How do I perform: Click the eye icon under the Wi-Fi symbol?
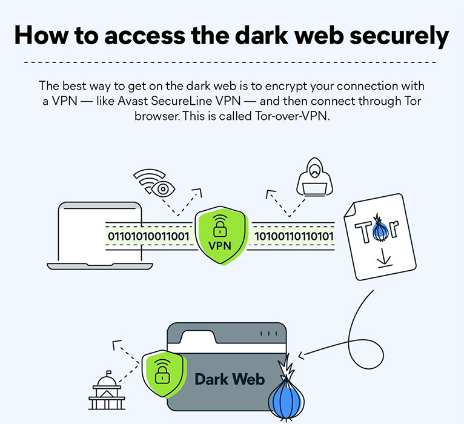click(x=162, y=189)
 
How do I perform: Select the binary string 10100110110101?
click(x=294, y=235)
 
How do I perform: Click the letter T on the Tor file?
click(x=362, y=231)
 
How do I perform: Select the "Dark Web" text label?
click(x=230, y=380)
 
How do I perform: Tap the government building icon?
click(x=107, y=391)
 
